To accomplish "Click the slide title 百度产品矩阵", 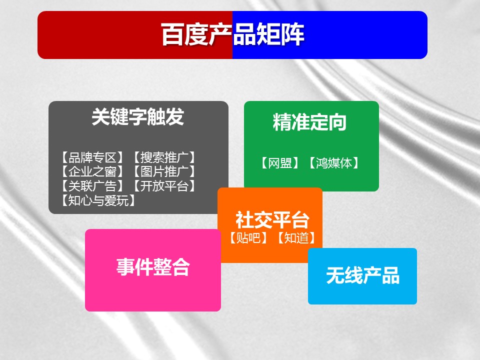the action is point(232,34).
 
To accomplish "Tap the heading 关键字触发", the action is point(138,116).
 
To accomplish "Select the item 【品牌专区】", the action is point(92,157).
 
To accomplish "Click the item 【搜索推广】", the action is point(164,157).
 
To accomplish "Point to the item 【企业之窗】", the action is point(92,171).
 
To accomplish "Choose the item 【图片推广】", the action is point(164,171).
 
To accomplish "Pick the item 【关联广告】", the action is point(92,186).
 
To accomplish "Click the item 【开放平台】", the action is point(164,186).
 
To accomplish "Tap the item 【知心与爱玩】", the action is point(98,200).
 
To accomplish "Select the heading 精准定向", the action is point(309,122).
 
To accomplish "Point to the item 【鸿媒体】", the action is point(333,163).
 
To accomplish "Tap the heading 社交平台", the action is point(272,220).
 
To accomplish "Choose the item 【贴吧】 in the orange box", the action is point(248,238).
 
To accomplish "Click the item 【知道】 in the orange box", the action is point(296,238).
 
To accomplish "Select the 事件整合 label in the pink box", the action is point(153,267).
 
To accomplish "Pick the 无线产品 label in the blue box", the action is point(363,275).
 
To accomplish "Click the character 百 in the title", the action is point(173,34).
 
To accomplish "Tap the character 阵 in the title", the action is point(292,34).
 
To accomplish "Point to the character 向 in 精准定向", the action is point(337,122).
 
